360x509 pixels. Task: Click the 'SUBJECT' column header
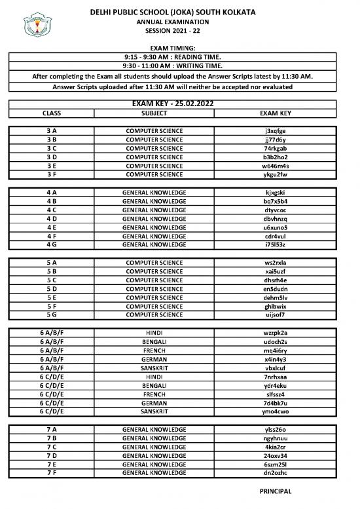(154, 113)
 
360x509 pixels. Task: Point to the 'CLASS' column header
(52, 113)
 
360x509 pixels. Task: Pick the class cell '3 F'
(52, 175)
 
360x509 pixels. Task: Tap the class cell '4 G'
(52, 245)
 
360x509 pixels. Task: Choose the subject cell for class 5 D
(154, 289)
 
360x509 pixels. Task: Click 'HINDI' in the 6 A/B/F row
(154, 333)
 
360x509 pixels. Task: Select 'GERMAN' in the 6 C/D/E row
(154, 403)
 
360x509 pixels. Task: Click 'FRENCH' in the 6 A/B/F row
(154, 350)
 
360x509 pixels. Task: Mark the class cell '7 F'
(52, 473)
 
